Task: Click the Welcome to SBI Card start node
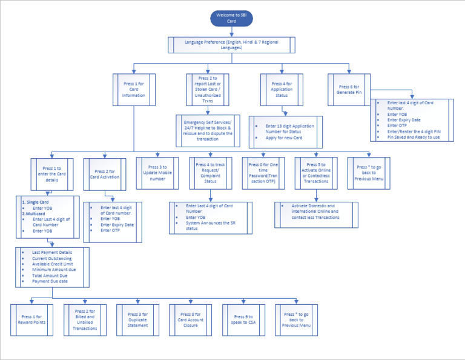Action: click(x=231, y=18)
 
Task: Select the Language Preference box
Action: click(x=231, y=45)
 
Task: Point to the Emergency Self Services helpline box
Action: click(x=208, y=130)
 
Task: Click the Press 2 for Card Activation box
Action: click(x=104, y=174)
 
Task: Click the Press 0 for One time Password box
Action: click(x=263, y=174)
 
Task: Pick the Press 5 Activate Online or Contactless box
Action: click(x=315, y=174)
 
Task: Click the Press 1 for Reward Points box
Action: click(x=32, y=319)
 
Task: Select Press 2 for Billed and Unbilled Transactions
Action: click(x=84, y=319)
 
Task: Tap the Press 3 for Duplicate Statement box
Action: click(x=137, y=319)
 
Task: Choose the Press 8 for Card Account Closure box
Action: click(x=190, y=319)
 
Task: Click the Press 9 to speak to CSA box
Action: click(x=243, y=319)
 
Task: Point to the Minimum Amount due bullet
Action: click(x=54, y=269)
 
